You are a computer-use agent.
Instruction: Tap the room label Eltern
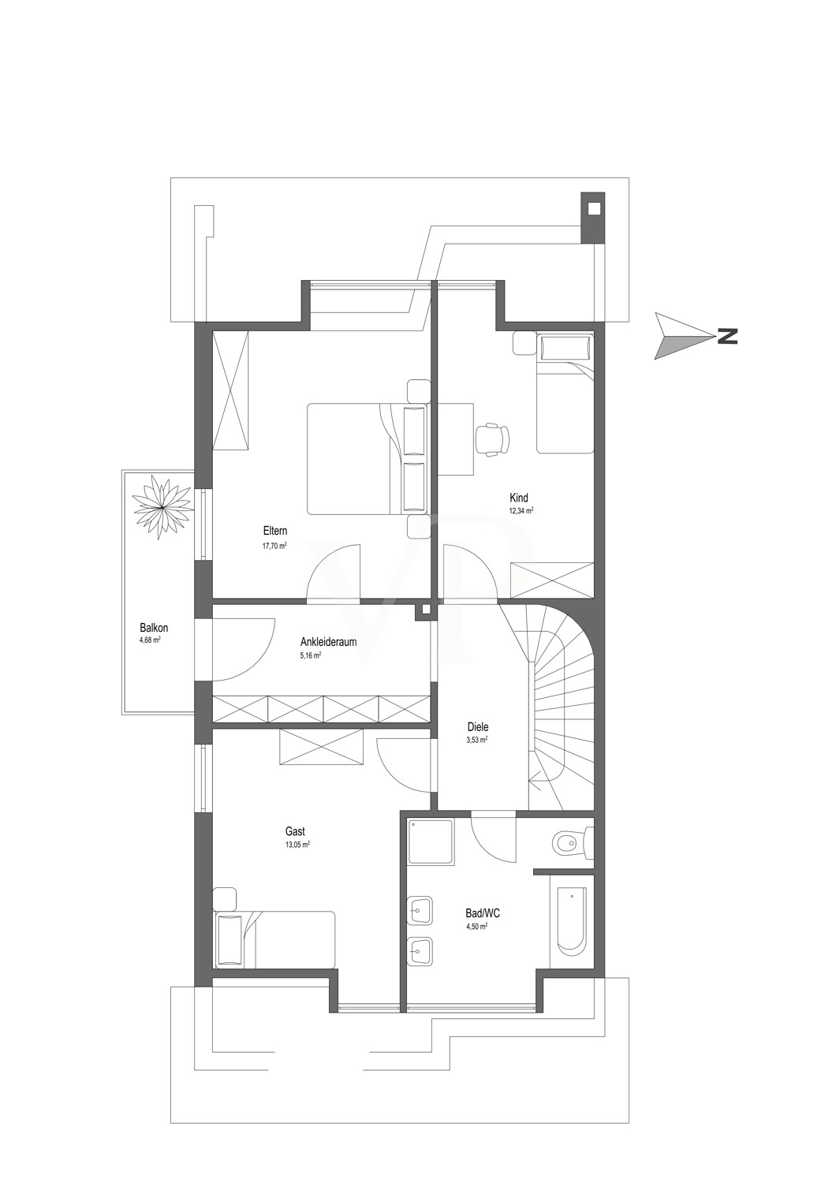click(x=275, y=531)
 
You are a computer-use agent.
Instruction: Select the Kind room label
click(x=519, y=498)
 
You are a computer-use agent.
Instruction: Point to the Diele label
click(x=477, y=726)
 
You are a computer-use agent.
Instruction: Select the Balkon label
click(x=155, y=628)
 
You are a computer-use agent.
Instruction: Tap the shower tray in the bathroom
click(x=431, y=849)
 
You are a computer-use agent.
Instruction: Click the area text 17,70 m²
click(x=274, y=546)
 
